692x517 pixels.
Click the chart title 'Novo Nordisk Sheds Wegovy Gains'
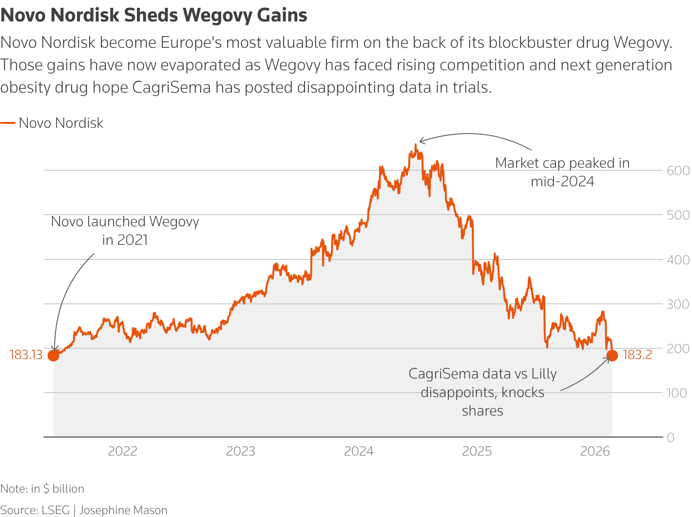tap(154, 16)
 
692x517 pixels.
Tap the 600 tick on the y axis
tap(678, 171)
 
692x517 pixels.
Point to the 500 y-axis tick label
tap(678, 215)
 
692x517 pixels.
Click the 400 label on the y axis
tap(678, 259)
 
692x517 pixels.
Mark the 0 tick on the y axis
tap(671, 437)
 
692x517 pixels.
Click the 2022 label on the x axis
tap(122, 451)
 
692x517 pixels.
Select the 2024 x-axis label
tap(359, 451)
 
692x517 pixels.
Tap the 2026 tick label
tap(595, 451)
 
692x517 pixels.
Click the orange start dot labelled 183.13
tap(53, 356)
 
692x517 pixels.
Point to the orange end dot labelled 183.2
tap(612, 356)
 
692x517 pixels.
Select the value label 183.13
tap(26, 355)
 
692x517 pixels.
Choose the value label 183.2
tap(637, 355)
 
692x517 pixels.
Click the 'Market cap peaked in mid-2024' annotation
tap(562, 172)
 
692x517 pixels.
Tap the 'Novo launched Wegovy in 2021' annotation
tap(125, 231)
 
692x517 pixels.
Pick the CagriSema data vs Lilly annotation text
tap(482, 392)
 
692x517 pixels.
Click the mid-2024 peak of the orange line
tap(416, 145)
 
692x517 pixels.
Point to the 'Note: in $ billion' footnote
tap(42, 489)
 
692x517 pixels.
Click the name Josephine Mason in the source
tap(123, 510)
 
